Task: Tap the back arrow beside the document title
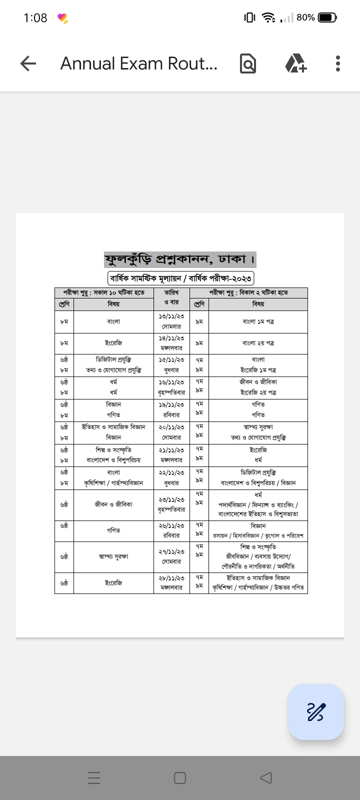point(28,63)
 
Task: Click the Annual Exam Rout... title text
point(138,63)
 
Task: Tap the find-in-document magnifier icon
point(247,63)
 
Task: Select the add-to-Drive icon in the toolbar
point(295,63)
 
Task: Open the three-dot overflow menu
point(338,63)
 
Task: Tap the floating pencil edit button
point(315,711)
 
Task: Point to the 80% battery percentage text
point(305,17)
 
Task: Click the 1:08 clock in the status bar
point(35,18)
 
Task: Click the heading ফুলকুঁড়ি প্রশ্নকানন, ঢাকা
point(180,259)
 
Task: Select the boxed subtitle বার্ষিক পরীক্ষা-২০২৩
point(180,278)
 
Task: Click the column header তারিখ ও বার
point(171,297)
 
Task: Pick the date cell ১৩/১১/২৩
point(171,316)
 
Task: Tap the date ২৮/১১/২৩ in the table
point(171,577)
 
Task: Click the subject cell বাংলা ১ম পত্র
point(258,321)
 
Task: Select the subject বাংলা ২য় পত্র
point(258,343)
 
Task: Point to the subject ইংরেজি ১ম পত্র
point(258,370)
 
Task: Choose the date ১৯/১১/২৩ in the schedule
point(171,404)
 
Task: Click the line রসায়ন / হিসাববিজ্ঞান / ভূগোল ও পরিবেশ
point(258,535)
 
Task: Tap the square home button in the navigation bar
point(180,778)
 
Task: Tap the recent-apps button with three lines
point(94,778)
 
